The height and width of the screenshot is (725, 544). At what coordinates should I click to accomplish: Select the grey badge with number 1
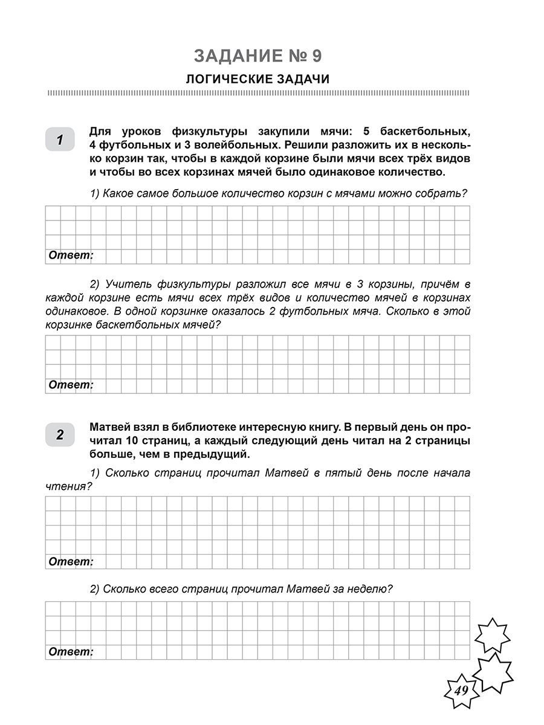(59, 141)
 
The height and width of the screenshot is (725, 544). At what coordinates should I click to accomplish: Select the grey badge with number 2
(59, 434)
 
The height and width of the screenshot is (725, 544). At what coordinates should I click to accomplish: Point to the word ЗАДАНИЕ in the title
(233, 56)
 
